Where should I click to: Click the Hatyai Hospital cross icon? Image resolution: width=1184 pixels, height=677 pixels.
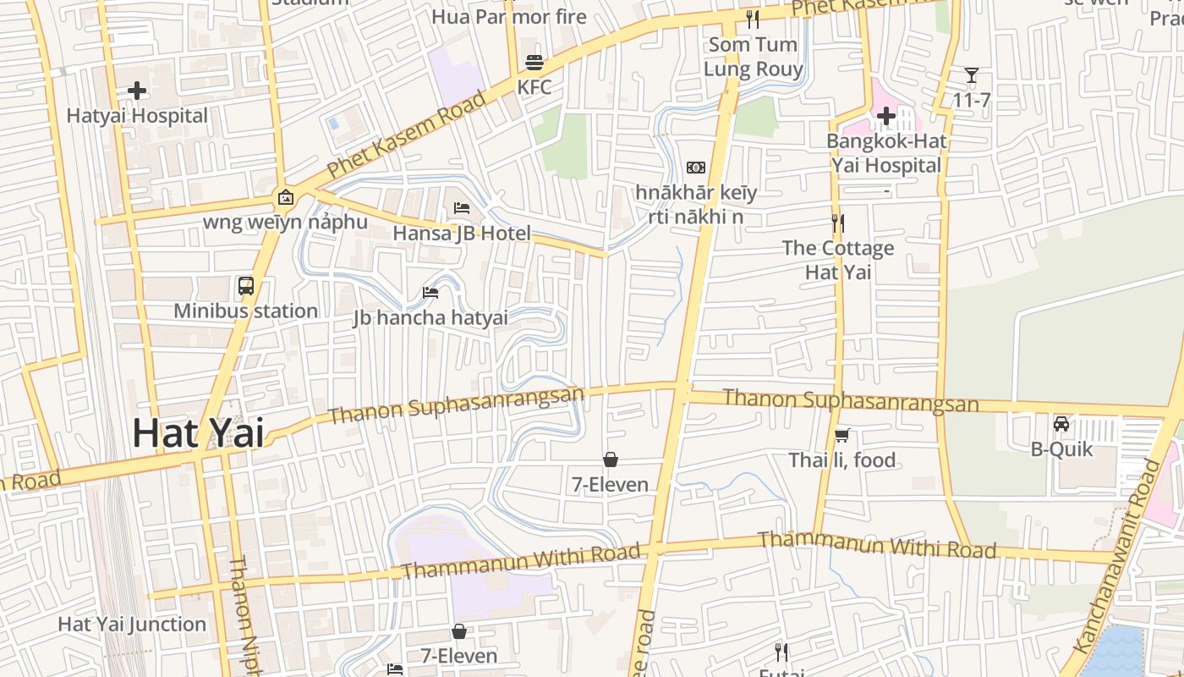[x=137, y=91]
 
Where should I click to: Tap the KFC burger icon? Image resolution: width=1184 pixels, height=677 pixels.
[x=534, y=62]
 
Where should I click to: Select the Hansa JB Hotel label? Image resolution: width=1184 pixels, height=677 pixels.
[x=462, y=234]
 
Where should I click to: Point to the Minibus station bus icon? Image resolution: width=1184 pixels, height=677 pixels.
[x=246, y=286]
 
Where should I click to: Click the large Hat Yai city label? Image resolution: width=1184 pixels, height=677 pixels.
[x=198, y=433]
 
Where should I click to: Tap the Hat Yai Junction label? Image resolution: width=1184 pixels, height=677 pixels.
[x=132, y=625]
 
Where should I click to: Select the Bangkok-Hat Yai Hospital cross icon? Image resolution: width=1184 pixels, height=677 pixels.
[x=886, y=116]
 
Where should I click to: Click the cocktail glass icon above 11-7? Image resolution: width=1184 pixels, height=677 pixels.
[x=972, y=75]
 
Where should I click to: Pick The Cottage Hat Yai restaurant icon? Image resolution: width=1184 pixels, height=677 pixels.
[x=838, y=223]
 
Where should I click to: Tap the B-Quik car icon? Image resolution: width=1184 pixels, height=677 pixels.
[x=1061, y=424]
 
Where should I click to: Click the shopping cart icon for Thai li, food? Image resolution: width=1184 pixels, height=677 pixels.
[x=841, y=436]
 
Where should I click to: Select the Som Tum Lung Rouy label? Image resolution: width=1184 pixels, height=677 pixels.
[x=754, y=57]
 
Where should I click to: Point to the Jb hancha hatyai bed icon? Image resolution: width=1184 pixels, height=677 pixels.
[x=430, y=293]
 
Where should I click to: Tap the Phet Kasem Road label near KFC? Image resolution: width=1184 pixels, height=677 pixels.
[x=408, y=135]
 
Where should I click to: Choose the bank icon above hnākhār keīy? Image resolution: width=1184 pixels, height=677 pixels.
[x=696, y=168]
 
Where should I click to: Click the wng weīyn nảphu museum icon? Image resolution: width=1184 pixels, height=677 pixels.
[x=286, y=197]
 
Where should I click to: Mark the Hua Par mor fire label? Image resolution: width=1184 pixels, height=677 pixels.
[x=509, y=16]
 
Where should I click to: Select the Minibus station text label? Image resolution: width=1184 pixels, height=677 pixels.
[x=246, y=311]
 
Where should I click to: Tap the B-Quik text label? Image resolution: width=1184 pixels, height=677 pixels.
[x=1061, y=449]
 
